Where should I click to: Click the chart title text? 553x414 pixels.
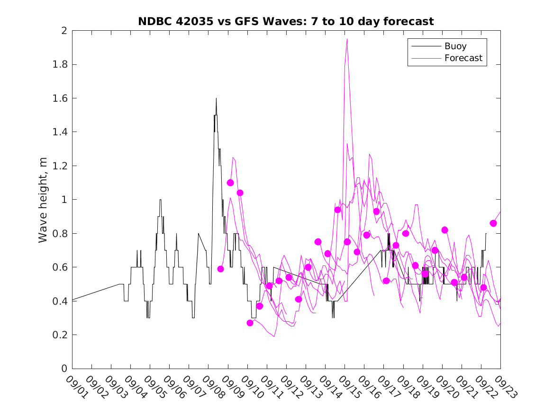click(286, 22)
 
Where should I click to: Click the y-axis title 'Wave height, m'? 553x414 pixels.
click(43, 200)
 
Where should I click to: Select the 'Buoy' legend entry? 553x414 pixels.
click(455, 46)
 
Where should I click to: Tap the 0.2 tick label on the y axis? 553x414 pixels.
click(60, 335)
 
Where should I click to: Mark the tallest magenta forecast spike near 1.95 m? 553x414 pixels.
click(347, 39)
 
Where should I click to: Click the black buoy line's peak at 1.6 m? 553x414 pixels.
click(216, 98)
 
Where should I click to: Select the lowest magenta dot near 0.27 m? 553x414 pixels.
click(250, 323)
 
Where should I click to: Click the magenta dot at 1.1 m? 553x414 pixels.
click(230, 183)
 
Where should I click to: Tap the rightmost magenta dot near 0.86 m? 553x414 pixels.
click(493, 223)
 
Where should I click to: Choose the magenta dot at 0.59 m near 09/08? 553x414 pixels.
click(220, 269)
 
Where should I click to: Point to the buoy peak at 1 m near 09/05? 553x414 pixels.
click(160, 200)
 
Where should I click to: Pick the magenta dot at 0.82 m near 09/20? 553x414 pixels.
click(444, 230)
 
